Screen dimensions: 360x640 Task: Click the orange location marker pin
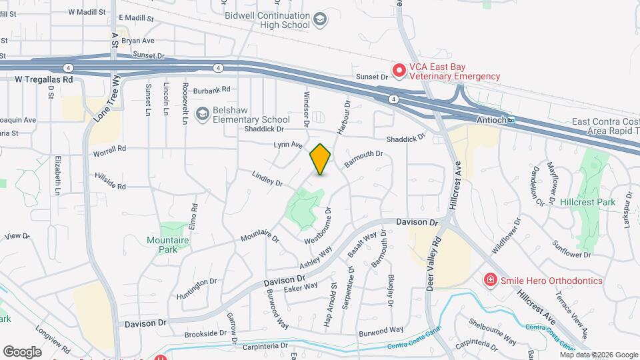click(321, 159)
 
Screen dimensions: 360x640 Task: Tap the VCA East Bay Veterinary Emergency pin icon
click(399, 69)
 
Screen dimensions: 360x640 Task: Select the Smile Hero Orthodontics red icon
click(491, 279)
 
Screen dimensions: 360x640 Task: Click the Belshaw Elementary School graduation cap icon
click(201, 115)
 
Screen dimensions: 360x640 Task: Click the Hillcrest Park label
click(587, 202)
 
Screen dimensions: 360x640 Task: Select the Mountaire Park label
click(163, 244)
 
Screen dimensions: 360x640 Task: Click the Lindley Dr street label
click(267, 178)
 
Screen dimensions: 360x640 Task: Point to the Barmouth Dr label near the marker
click(363, 159)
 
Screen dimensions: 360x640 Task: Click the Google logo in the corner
click(22, 351)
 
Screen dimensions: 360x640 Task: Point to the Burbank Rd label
click(211, 89)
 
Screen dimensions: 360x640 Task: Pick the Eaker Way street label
click(301, 286)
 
